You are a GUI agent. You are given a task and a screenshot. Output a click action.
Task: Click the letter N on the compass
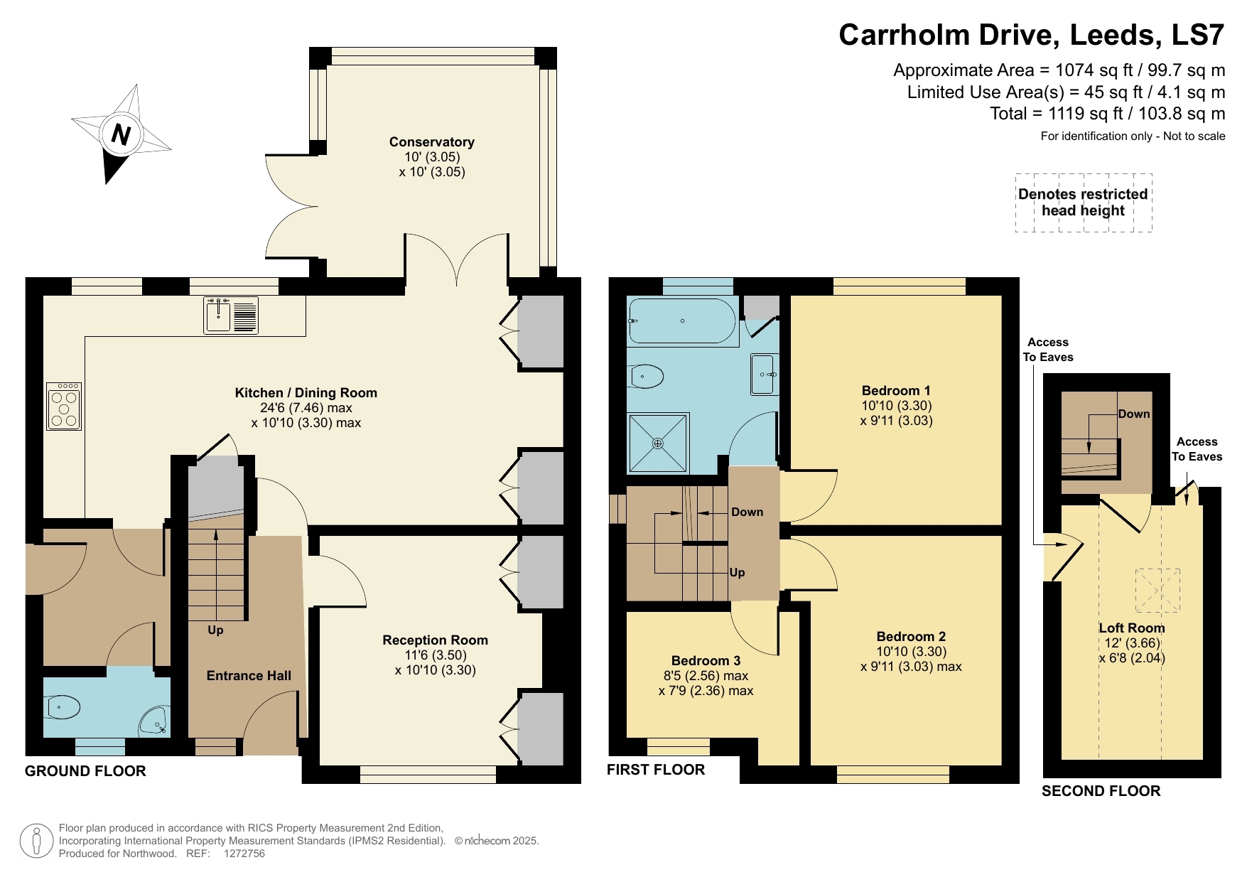tap(122, 134)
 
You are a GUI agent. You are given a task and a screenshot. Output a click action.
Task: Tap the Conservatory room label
tap(431, 142)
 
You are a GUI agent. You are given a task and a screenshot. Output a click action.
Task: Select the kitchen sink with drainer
tap(231, 315)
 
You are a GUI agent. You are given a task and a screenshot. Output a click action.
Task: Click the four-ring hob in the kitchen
tap(64, 407)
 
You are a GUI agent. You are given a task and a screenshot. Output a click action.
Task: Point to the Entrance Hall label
tap(249, 676)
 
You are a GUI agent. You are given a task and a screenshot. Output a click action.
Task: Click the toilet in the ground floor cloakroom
tap(62, 707)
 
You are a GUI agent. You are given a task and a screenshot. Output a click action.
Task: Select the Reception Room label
tap(435, 640)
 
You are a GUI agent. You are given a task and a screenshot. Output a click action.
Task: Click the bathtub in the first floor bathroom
tap(682, 321)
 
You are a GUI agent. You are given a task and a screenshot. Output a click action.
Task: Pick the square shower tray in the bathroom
tap(658, 443)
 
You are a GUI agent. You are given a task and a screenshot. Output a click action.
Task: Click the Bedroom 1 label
tap(895, 391)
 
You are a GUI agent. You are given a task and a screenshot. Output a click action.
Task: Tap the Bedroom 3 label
tap(706, 661)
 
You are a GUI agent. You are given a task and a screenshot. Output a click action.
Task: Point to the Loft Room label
tap(1131, 628)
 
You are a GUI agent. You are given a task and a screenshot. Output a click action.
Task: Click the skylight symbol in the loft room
tap(1157, 591)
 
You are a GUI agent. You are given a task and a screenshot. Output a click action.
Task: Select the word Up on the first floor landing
tap(737, 573)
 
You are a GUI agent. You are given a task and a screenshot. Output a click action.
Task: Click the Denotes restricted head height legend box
tap(1083, 203)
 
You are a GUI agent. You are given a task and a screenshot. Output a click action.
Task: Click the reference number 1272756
tap(244, 854)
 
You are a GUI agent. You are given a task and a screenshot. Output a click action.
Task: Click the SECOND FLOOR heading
tap(1101, 791)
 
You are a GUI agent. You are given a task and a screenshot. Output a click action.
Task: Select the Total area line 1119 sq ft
tap(1107, 114)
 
